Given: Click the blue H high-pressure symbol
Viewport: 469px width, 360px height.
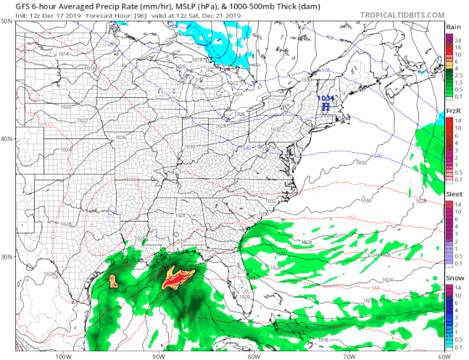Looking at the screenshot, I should click(325, 106).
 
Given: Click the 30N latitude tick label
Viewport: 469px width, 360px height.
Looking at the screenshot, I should click(7, 257).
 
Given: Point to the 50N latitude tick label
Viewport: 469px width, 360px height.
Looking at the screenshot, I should click(7, 22).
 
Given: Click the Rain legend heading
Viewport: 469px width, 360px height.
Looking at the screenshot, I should click(455, 26).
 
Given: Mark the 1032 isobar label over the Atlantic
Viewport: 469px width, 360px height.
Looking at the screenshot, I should click(361, 162).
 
